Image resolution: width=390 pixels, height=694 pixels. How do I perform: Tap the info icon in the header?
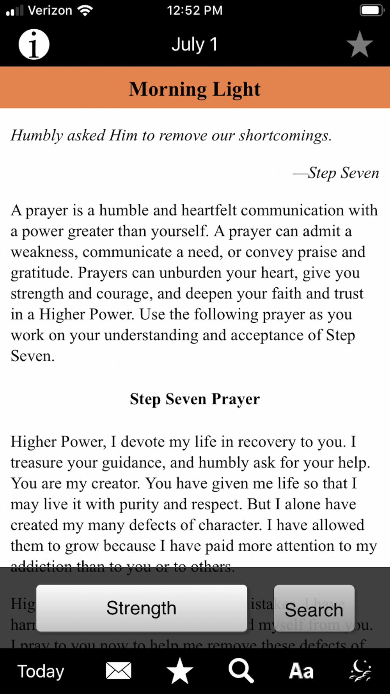click(x=34, y=44)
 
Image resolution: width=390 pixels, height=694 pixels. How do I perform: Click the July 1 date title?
click(x=195, y=44)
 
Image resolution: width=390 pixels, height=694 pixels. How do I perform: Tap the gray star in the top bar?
click(x=359, y=44)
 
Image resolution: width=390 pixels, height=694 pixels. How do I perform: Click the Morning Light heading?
click(x=195, y=89)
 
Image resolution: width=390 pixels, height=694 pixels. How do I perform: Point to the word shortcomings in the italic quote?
click(x=284, y=135)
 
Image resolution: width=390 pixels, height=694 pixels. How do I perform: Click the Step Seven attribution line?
click(x=336, y=173)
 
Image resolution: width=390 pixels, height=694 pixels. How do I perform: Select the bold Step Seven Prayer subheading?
click(x=195, y=399)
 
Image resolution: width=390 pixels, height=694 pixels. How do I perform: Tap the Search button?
click(x=314, y=609)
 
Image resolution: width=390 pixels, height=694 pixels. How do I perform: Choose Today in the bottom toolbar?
click(x=41, y=671)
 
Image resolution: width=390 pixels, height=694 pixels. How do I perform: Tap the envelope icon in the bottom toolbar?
click(x=119, y=671)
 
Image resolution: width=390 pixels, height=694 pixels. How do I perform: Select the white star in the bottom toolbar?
click(x=180, y=671)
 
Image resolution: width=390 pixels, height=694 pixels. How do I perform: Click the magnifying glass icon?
click(x=241, y=671)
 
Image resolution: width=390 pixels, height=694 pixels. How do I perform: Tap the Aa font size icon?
click(x=301, y=671)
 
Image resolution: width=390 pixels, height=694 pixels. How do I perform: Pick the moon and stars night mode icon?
click(x=360, y=671)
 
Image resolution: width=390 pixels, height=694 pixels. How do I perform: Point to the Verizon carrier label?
click(x=50, y=10)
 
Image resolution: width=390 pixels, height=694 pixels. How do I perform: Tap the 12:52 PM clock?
click(x=195, y=10)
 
